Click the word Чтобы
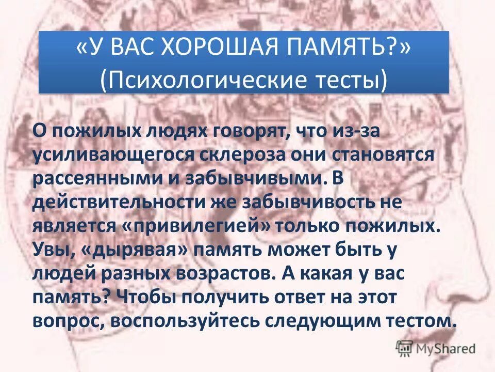(x=144, y=297)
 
